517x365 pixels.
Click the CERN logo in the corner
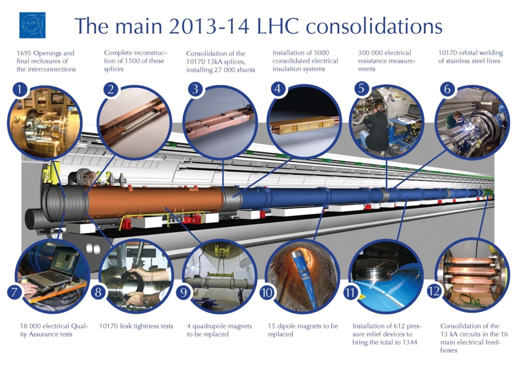coord(32,25)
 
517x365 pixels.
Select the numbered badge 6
coord(446,89)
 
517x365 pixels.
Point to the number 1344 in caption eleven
coord(410,342)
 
